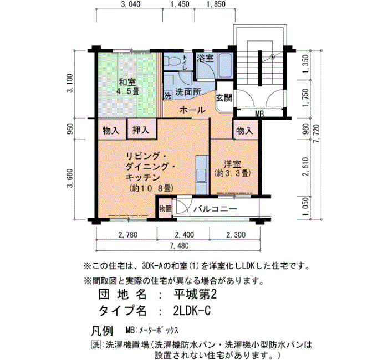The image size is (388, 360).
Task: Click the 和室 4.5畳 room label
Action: [x=127, y=86]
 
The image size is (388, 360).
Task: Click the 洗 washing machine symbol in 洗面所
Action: [x=167, y=95]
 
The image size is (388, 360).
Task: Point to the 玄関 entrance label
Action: [x=224, y=98]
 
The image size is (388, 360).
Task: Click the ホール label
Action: [x=192, y=110]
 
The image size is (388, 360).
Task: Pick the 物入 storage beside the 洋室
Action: [x=245, y=130]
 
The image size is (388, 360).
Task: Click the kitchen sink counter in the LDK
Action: [x=202, y=174]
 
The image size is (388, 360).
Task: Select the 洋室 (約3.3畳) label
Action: [x=233, y=168]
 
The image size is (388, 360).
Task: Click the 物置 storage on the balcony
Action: [x=165, y=208]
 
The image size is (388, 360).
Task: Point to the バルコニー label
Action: [x=215, y=209]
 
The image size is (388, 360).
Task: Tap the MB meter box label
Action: [x=259, y=114]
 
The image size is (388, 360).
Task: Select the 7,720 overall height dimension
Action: [x=316, y=133]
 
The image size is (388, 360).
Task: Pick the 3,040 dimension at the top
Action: [x=131, y=4]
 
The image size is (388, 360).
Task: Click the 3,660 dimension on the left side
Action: [x=70, y=178]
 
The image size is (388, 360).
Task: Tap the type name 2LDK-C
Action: [x=192, y=311]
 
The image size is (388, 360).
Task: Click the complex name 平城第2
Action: [x=195, y=294]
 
